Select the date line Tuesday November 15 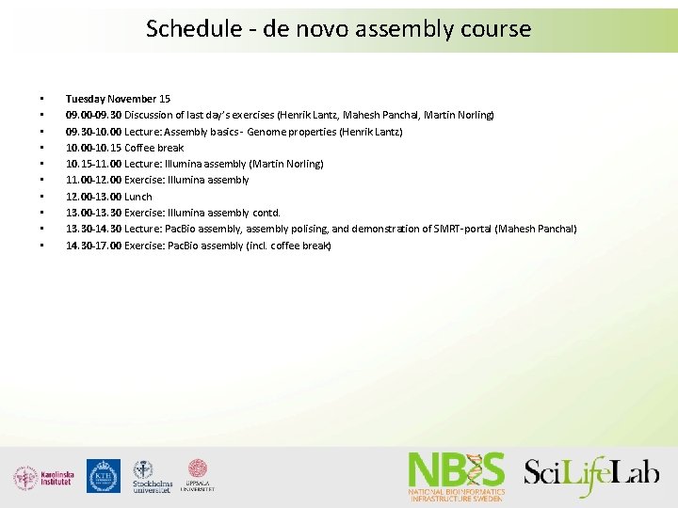coord(118,99)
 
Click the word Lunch coord(138,197)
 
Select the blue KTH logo coord(103,476)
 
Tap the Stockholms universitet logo coord(152,477)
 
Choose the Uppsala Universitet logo coord(198,476)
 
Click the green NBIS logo coord(457,475)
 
